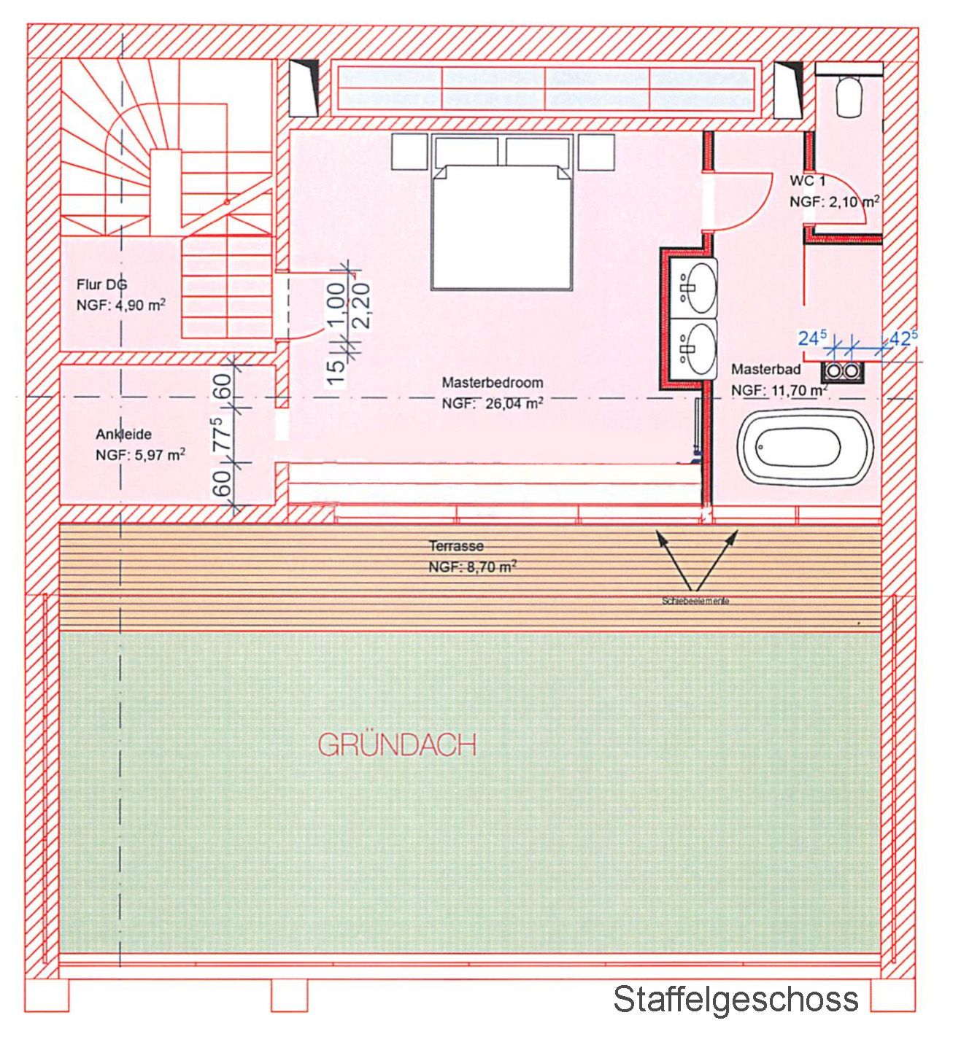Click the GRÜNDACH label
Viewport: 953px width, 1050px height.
(x=398, y=746)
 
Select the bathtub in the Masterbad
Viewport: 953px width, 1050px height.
(x=806, y=446)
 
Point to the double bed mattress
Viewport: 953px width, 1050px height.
(x=501, y=227)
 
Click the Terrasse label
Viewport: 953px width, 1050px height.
(x=456, y=546)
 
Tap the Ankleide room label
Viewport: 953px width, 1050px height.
(x=123, y=435)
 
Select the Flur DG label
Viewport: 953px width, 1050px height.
(x=101, y=285)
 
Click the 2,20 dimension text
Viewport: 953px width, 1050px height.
(x=362, y=306)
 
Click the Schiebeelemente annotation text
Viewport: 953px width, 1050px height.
(x=695, y=602)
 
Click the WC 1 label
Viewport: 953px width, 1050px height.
(x=807, y=181)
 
